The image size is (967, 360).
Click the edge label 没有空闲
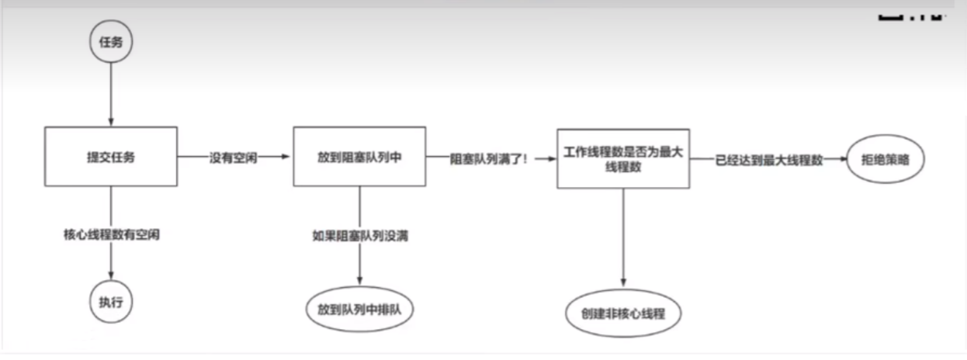point(233,157)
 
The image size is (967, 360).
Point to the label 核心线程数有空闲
point(112,234)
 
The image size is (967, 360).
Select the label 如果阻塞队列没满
point(360,236)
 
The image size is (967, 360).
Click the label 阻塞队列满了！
point(489,159)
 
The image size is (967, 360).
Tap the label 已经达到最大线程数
point(769,160)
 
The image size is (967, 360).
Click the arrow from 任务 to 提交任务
point(111,95)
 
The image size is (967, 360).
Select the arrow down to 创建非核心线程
point(623,238)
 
